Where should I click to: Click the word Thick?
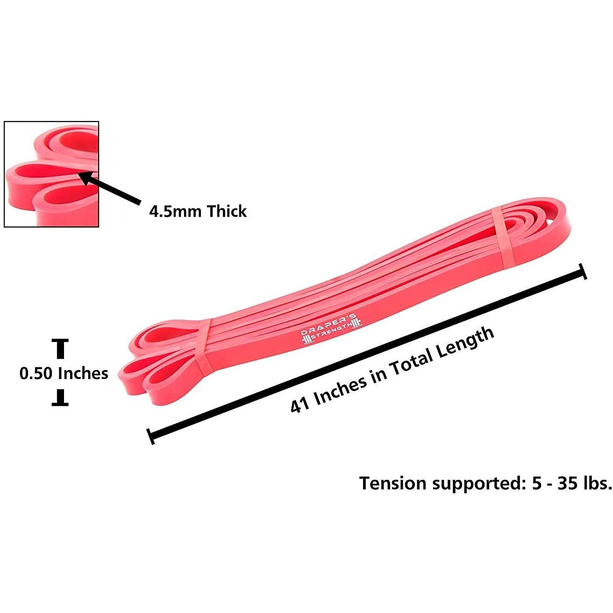[227, 212]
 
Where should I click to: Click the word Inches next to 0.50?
[83, 373]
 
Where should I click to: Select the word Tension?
[393, 483]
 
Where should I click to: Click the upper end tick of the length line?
[583, 271]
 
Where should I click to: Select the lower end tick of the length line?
[150, 436]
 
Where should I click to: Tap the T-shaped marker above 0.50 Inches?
[60, 349]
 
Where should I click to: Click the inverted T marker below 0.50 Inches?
[60, 399]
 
